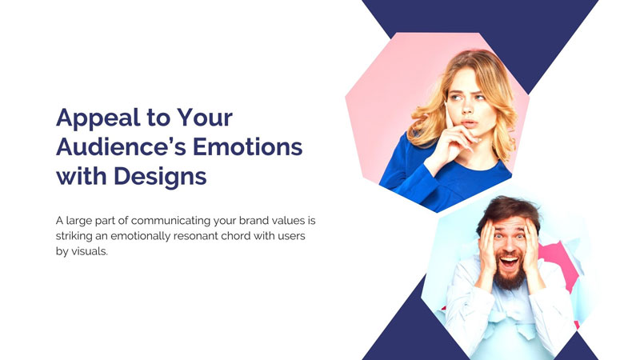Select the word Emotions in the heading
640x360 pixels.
247,146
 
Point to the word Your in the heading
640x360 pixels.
205,117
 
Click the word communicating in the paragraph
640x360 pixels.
171,221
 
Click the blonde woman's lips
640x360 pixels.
469,123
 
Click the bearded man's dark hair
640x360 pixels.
509,209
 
